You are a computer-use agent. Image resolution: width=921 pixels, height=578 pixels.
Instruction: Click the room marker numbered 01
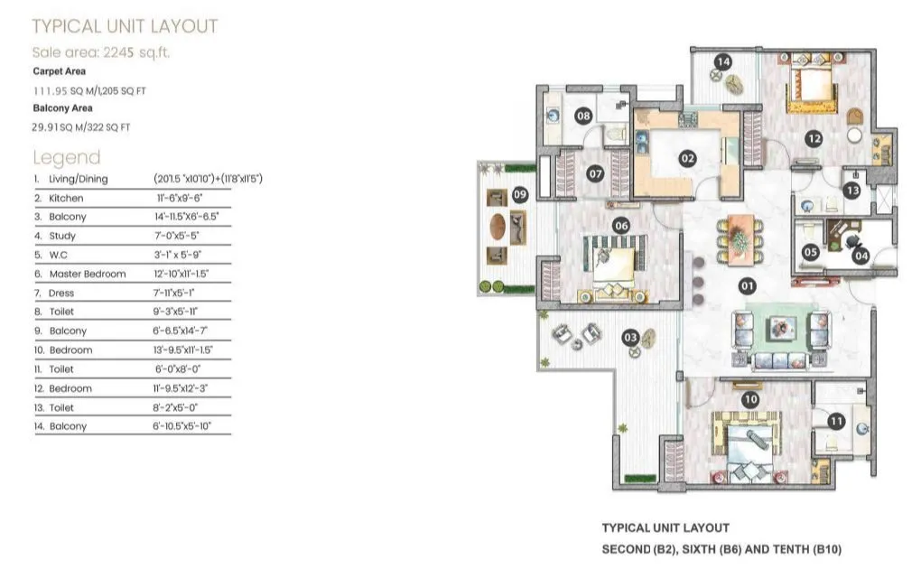point(747,286)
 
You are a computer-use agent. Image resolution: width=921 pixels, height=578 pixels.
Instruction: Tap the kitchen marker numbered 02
point(688,158)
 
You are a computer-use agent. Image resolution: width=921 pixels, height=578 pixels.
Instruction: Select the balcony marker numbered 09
point(520,194)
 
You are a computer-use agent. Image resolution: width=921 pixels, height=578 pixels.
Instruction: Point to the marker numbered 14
point(722,61)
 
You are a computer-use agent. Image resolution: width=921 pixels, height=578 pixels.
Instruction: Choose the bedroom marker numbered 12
point(814,138)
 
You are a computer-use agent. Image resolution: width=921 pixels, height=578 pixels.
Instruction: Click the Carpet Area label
point(60,71)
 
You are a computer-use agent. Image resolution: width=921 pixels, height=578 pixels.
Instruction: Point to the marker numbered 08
point(583,116)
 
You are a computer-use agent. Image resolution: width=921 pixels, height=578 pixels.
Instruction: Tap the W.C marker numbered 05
point(811,253)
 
